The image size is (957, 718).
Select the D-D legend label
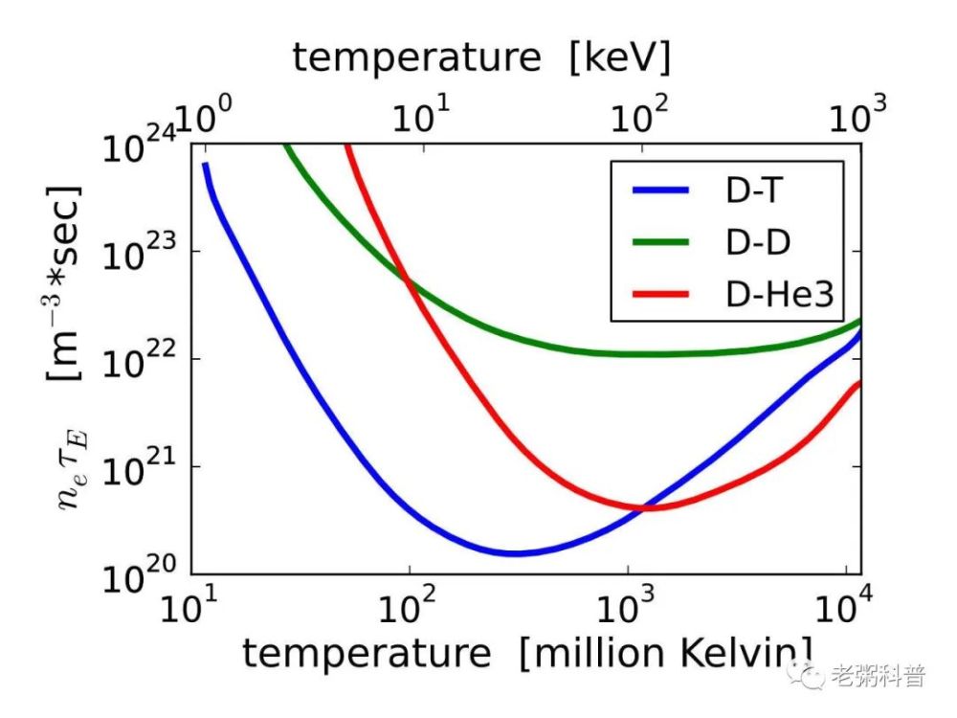(758, 242)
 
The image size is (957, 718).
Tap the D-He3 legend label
(779, 294)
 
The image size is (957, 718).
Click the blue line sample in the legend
(660, 190)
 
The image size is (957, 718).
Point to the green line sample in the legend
(660, 242)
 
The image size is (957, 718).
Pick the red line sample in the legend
(660, 294)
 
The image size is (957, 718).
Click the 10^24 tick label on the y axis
(139, 145)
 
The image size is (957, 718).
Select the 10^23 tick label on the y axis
(139, 252)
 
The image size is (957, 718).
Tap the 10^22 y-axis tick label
(139, 359)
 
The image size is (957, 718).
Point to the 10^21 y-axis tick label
(139, 467)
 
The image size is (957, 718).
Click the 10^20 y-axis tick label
(139, 574)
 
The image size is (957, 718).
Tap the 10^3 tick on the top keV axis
(857, 114)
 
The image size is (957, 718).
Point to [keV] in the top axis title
(619, 58)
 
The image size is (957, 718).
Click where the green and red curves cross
(407, 280)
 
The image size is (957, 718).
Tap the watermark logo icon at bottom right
(806, 674)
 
